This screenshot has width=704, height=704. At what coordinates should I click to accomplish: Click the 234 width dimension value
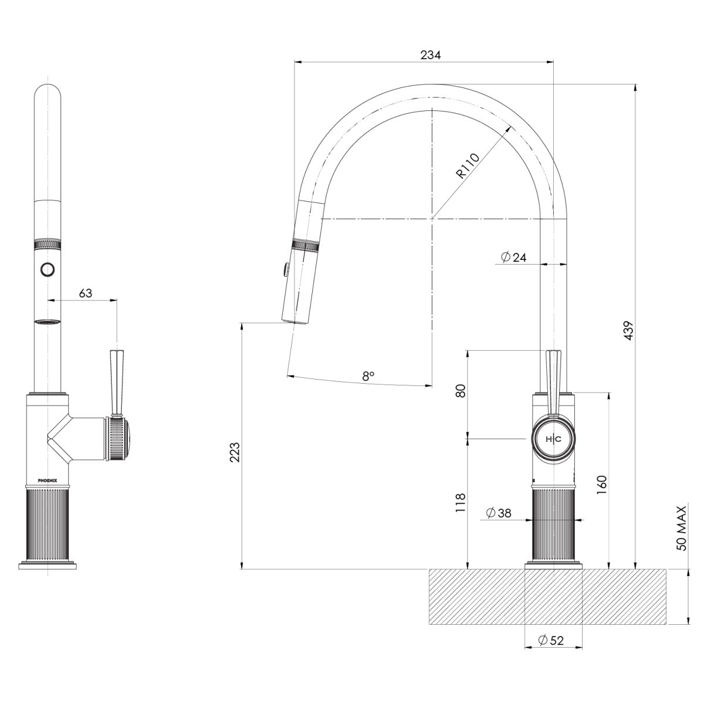[x=431, y=55]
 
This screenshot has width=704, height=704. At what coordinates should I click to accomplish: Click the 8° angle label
[x=368, y=375]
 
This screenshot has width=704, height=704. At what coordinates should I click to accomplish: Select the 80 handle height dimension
[x=461, y=391]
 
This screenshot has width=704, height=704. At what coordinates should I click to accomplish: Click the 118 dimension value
[x=461, y=503]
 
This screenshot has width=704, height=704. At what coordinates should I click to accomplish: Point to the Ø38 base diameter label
[x=499, y=513]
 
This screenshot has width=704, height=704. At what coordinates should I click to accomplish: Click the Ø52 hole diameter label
[x=551, y=641]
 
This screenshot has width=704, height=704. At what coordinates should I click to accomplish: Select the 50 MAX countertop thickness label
[x=681, y=528]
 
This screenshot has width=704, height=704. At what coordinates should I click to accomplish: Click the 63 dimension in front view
[x=86, y=293]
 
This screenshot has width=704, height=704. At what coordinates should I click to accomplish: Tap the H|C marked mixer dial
[x=553, y=439]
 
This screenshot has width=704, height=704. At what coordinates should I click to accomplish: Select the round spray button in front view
[x=48, y=270]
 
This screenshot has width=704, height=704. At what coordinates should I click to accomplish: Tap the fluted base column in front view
[x=48, y=524]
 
